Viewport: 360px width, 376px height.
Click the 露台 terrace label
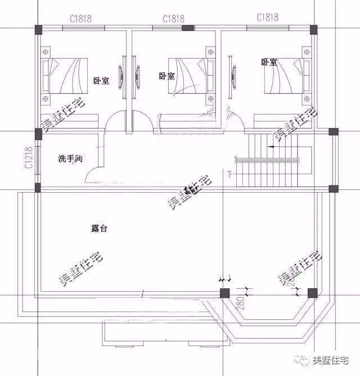click(100, 229)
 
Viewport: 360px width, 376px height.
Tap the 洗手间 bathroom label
click(71, 160)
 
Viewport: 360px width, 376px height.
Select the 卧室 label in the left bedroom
click(101, 81)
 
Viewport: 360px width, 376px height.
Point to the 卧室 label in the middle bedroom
click(166, 75)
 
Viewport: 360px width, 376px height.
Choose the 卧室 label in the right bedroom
click(269, 62)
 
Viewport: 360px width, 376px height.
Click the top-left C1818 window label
click(80, 19)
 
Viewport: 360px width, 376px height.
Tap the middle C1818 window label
click(173, 19)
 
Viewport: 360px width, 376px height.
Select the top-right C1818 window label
click(267, 17)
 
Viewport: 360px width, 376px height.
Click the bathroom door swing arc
click(92, 174)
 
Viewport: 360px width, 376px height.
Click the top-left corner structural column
click(38, 29)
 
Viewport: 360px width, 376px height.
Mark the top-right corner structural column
click(312, 29)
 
